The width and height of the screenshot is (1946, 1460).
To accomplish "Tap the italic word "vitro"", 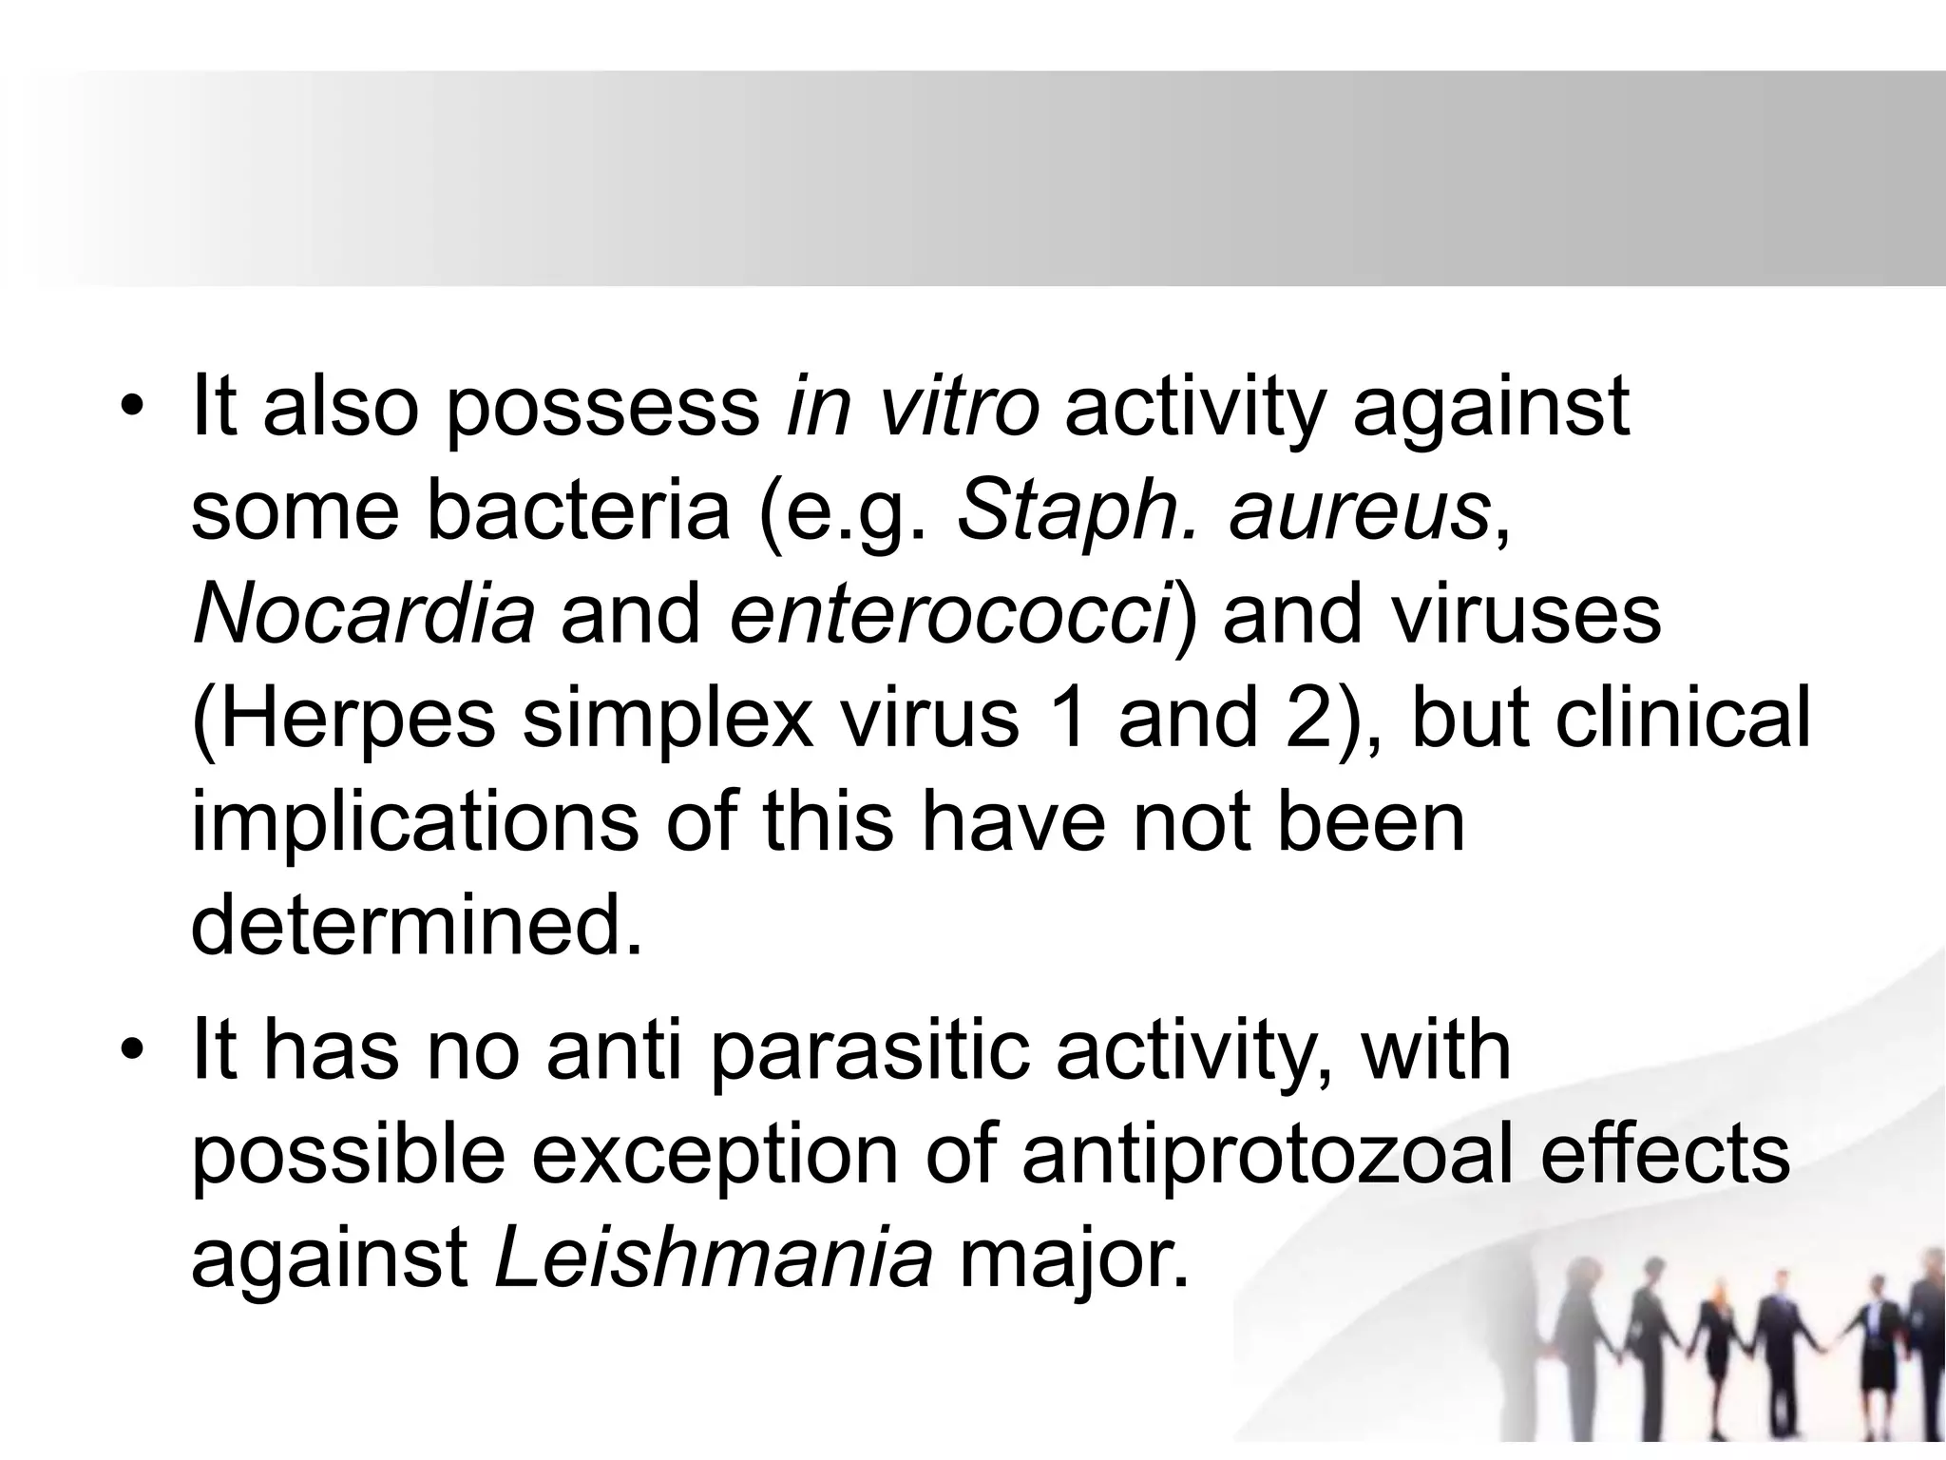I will (x=959, y=407).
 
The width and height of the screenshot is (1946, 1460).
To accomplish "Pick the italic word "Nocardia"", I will (x=363, y=615).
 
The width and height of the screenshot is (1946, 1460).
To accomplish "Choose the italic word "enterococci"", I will (x=951, y=615).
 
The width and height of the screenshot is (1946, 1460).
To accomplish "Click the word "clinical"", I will (x=1683, y=719).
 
